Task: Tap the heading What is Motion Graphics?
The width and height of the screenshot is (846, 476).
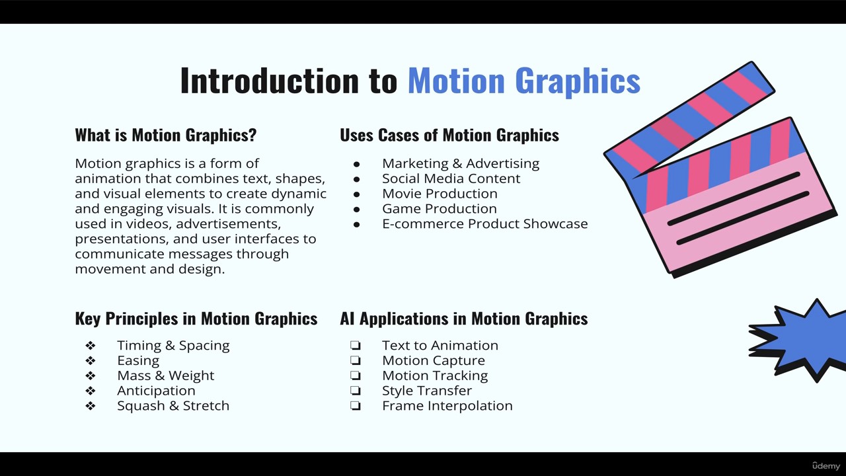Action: pos(166,136)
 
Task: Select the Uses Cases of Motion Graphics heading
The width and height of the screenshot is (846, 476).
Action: pos(449,136)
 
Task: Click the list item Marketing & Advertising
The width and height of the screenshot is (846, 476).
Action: pos(461,163)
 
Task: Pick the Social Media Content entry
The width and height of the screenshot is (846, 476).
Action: pos(451,178)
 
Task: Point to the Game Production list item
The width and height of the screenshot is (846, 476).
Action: pos(440,208)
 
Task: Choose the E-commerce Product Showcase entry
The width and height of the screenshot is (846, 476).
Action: pos(485,223)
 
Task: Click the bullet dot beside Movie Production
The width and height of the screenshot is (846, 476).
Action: pos(356,194)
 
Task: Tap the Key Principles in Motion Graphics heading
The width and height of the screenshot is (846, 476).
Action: pos(196,319)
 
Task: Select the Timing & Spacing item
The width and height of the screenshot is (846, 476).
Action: pos(173,346)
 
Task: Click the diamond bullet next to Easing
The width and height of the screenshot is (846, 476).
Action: pos(91,361)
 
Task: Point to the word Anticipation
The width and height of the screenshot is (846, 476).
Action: pos(156,391)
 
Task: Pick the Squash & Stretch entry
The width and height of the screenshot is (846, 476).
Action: pos(173,406)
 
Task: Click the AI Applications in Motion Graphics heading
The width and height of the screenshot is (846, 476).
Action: pos(464,319)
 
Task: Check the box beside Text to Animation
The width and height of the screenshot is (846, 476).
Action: pos(356,345)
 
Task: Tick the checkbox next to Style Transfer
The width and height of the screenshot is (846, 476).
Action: pos(356,391)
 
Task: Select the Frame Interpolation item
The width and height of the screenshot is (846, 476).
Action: pos(447,406)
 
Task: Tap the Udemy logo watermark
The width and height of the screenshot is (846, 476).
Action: pos(826,465)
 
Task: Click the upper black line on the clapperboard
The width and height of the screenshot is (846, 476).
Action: pos(734,199)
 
